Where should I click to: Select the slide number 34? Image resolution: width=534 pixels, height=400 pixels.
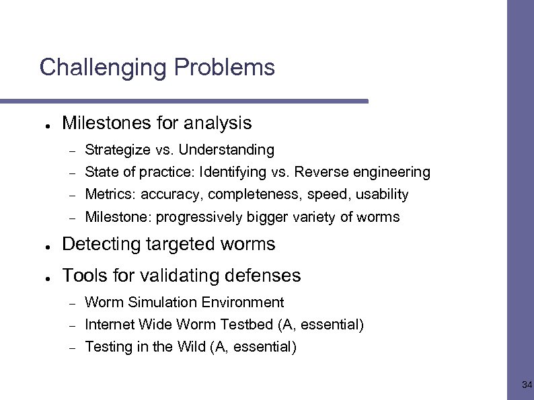(x=527, y=385)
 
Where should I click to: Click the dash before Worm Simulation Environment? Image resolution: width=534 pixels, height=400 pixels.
(x=72, y=303)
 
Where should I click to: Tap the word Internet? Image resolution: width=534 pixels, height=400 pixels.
(x=110, y=325)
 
